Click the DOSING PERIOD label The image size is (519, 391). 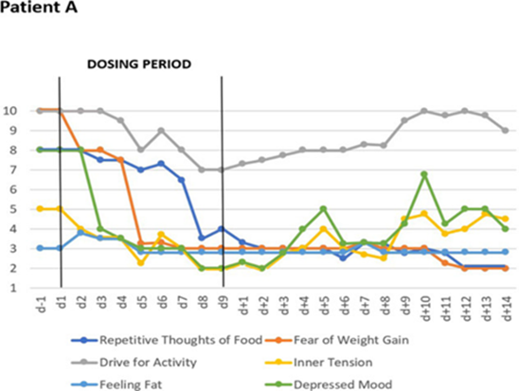(139, 65)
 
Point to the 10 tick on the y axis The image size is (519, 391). (16, 111)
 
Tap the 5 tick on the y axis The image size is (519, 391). (19, 209)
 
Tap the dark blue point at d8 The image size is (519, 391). (201, 239)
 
